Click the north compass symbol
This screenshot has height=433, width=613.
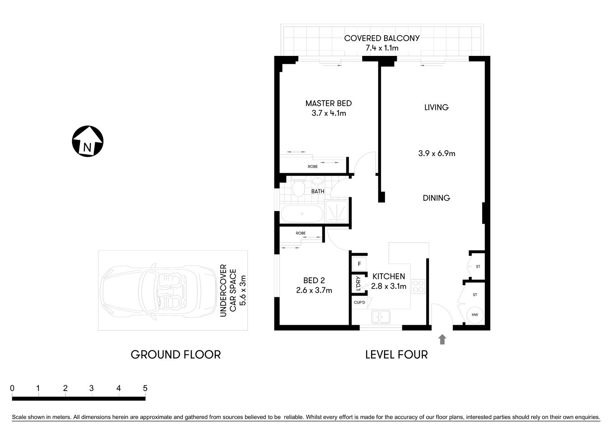pos(88,141)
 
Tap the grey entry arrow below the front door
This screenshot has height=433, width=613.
pos(442,340)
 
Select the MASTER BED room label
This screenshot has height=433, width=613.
pos(328,103)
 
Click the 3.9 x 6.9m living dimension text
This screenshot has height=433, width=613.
pos(436,153)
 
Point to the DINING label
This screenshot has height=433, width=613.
pos(436,198)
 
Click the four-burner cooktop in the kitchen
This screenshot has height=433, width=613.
pos(418,286)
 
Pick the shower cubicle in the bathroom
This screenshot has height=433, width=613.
pos(337,211)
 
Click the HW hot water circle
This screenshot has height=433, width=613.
pos(474,315)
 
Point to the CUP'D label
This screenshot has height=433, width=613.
pos(360,302)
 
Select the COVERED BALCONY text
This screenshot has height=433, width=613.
pos(381,38)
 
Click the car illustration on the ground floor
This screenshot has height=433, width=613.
pos(158,291)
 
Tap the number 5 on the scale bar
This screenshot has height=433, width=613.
pos(145,388)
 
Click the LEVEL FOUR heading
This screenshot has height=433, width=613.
pos(396,355)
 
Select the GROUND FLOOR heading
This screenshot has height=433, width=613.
pos(176,355)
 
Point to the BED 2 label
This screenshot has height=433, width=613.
pos(314,281)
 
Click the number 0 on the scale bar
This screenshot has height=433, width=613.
pos(12,388)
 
